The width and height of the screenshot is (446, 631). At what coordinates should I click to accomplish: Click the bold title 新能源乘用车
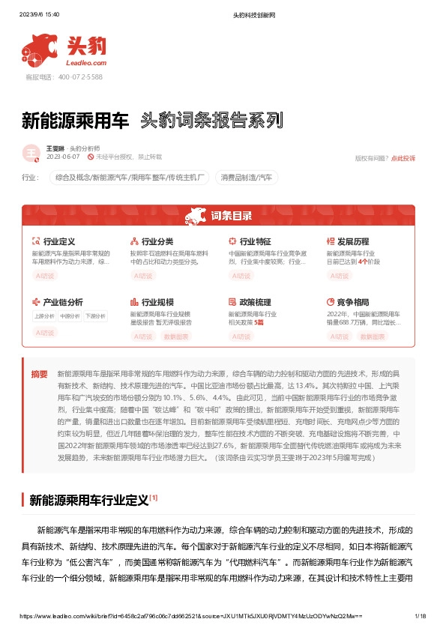(75, 121)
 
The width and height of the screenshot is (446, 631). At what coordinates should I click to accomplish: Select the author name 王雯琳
(55, 149)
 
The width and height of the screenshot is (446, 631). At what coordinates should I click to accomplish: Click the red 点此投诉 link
(403, 158)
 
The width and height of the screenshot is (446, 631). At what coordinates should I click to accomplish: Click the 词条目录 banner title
(231, 217)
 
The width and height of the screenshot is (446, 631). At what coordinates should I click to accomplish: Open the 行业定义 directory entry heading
(59, 242)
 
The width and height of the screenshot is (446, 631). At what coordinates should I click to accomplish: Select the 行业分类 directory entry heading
(157, 242)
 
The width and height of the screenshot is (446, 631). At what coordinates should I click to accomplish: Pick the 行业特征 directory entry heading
(255, 242)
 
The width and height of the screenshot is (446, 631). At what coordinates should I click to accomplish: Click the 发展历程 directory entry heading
(352, 242)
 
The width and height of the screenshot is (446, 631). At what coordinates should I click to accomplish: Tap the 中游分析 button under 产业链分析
(70, 316)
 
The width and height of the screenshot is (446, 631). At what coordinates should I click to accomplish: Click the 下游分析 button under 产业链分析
(95, 316)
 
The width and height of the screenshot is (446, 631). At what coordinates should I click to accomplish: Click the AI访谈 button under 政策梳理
(241, 336)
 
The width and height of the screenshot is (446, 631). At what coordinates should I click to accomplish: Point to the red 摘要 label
(39, 373)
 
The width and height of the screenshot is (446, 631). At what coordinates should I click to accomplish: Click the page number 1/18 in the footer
(420, 616)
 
